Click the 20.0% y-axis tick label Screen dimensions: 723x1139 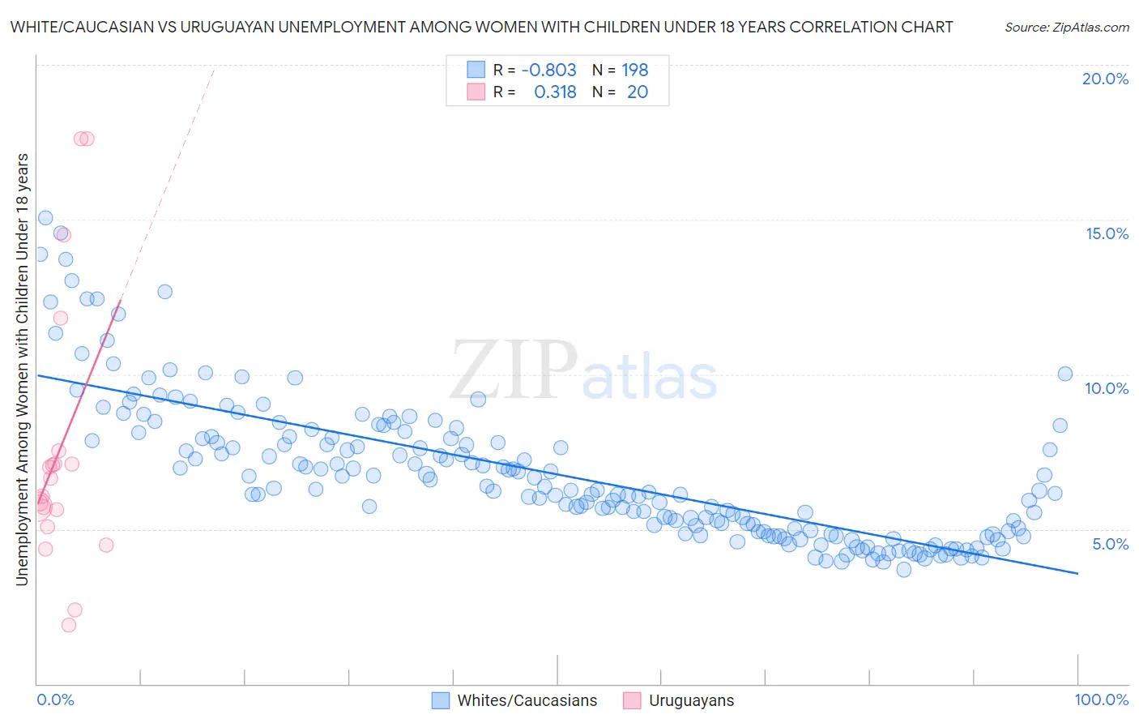point(1105,79)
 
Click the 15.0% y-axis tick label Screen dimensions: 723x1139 point(1107,233)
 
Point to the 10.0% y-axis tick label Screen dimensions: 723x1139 point(1107,388)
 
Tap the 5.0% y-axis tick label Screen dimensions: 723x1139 point(1110,544)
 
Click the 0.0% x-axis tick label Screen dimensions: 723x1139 point(55,699)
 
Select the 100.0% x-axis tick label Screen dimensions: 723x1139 point(1101,699)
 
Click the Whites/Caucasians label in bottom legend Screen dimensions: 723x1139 point(527,700)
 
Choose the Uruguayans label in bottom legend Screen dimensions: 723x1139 point(691,700)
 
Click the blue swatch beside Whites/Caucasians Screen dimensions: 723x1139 point(441,700)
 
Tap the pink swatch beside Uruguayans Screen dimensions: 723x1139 point(632,700)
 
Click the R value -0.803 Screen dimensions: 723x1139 point(548,70)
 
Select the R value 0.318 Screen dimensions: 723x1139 point(555,92)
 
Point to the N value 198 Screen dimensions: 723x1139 point(635,70)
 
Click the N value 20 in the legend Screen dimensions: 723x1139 point(638,92)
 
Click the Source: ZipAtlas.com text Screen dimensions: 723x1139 point(1066,27)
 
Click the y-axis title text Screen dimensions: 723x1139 point(22,369)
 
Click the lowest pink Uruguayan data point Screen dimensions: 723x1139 point(69,625)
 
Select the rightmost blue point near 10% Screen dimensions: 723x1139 point(1065,374)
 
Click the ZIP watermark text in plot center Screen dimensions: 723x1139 point(514,370)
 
